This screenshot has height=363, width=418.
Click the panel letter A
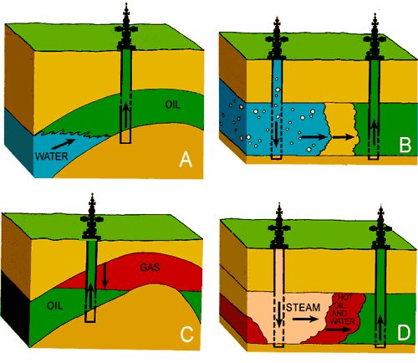186,160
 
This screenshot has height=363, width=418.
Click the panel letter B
405,145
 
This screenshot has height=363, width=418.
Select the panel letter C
186,334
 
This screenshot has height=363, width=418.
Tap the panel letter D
404,332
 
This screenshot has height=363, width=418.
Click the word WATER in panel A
52,156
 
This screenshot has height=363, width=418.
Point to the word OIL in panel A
173,105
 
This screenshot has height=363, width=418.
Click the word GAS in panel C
150,268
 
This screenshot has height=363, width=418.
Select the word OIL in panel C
55,305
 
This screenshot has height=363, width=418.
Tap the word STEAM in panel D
303,308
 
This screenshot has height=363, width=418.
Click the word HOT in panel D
345,298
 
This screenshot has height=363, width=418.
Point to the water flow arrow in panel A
64,143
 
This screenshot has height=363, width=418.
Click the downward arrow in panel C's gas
104,276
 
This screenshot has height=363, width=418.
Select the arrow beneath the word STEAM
305,319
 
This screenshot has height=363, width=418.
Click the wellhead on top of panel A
127,27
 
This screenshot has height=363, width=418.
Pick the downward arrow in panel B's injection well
276,134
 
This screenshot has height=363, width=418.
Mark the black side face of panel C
16,307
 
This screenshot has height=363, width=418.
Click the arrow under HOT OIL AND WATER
338,330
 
